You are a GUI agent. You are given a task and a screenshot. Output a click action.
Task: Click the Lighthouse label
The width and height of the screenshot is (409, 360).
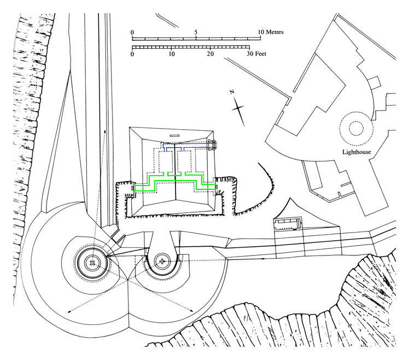(357, 152)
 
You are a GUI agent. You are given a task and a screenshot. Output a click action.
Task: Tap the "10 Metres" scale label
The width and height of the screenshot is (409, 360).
(271, 32)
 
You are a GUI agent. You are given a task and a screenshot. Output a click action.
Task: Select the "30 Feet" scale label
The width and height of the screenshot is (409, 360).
(256, 54)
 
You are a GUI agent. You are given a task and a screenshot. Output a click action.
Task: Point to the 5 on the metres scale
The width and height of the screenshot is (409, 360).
(196, 32)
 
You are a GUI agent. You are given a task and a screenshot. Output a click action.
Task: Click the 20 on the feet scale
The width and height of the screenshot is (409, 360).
(210, 54)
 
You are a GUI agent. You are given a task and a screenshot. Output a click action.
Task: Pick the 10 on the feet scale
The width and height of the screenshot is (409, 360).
(171, 54)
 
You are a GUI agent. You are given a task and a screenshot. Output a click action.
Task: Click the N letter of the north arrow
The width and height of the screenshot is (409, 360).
(232, 91)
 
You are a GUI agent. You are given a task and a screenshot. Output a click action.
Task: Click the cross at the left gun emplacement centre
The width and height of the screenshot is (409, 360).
(92, 263)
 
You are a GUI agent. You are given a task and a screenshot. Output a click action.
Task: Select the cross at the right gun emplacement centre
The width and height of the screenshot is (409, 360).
(162, 261)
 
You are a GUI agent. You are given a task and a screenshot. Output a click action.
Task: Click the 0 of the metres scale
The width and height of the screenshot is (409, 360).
(132, 32)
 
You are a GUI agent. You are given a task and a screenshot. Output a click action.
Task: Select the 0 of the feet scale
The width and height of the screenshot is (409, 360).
(132, 54)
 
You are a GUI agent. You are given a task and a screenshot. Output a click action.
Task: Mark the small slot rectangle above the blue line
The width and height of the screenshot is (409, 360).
(174, 136)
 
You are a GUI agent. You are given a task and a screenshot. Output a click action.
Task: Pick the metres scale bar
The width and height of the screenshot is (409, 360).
(196, 39)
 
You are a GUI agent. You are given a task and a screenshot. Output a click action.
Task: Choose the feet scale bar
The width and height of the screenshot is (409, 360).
(191, 47)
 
